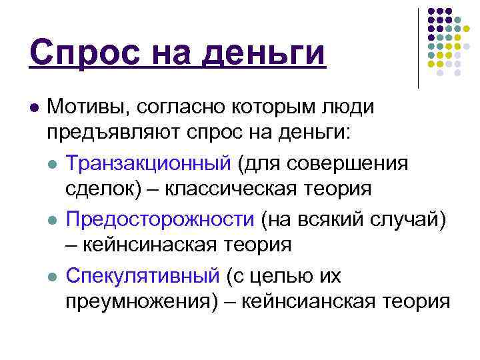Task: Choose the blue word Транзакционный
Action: pyautogui.click(x=147, y=163)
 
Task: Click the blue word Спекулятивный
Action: pyautogui.click(x=143, y=275)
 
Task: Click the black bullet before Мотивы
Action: pyautogui.click(x=33, y=107)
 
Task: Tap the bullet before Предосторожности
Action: pyautogui.click(x=53, y=219)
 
